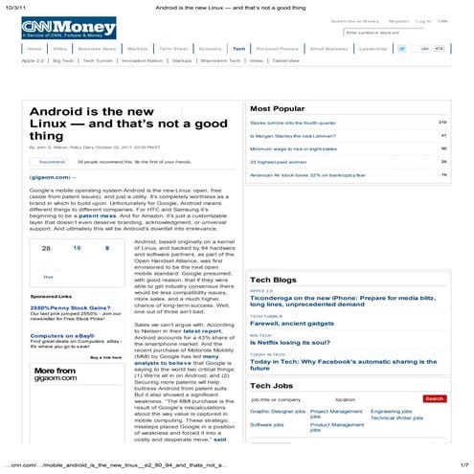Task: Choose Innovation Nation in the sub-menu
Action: (x=142, y=59)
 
